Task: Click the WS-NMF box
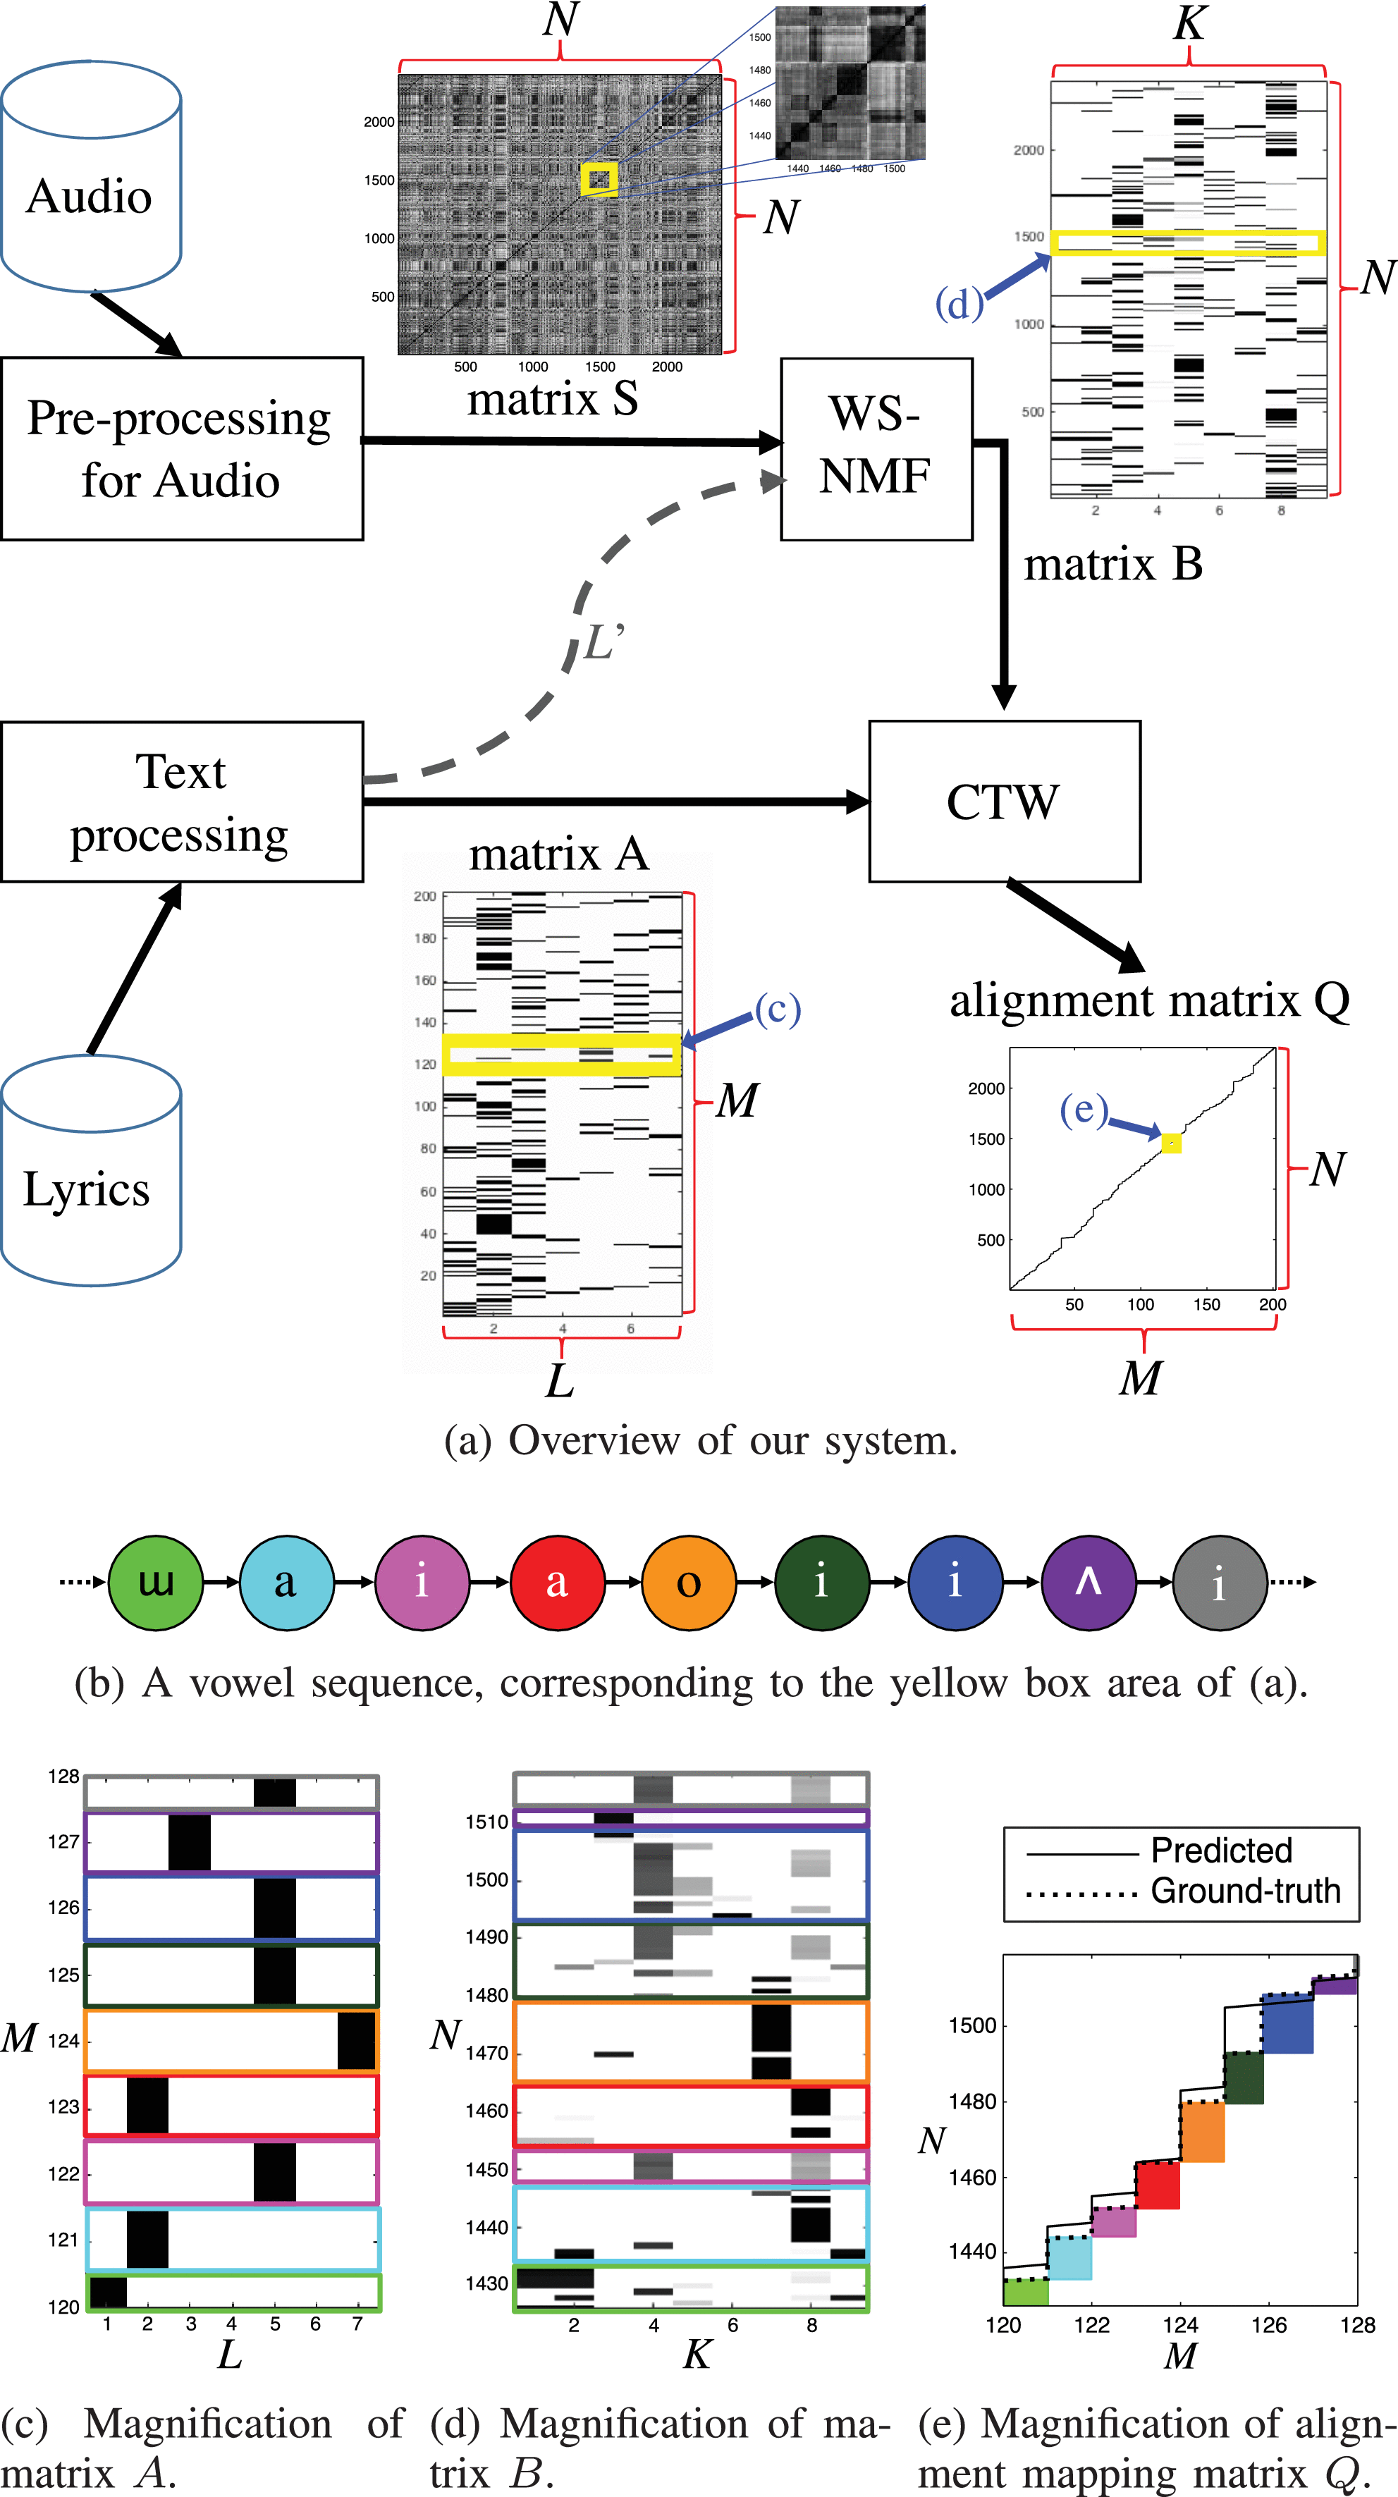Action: [x=876, y=449]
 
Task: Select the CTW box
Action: [x=1005, y=802]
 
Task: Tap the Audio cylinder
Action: [x=91, y=176]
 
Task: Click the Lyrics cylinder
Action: [x=91, y=1171]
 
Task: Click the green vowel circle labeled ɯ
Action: [x=155, y=1582]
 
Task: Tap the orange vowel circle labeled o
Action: [x=688, y=1582]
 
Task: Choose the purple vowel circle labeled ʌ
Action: [x=1088, y=1582]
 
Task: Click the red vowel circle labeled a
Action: [x=556, y=1582]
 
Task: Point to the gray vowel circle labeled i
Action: [x=1220, y=1582]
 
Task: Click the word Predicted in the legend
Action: [x=1222, y=1851]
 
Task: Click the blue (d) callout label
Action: [x=959, y=303]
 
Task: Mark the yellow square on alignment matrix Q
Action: [x=1171, y=1143]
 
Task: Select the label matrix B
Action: [x=1113, y=564]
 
